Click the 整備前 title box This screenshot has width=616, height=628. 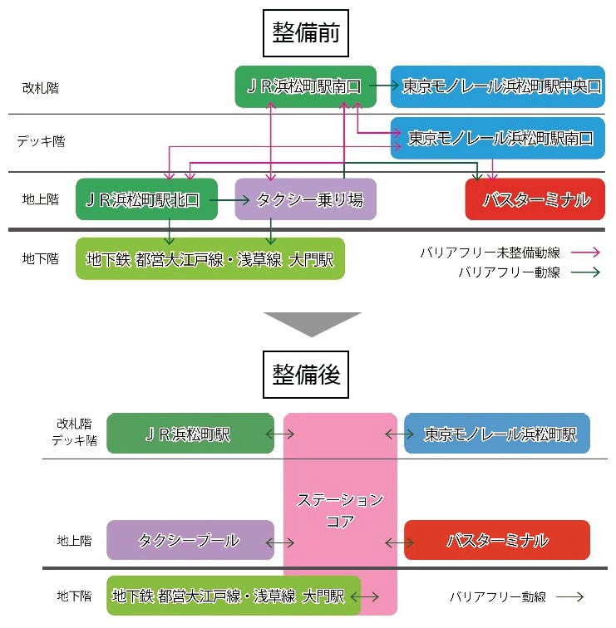coord(306,33)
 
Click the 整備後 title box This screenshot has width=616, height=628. coord(306,375)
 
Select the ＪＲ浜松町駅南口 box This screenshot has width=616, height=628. coord(305,86)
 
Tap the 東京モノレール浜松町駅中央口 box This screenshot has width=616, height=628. coord(498,86)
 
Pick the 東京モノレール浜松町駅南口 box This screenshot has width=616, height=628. coord(498,138)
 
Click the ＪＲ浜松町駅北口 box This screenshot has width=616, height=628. coord(146,199)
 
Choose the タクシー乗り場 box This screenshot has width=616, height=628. coord(305,199)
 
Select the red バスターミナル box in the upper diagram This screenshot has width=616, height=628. coord(535,199)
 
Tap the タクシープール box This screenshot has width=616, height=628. coord(190,540)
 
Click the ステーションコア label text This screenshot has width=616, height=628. coord(340,510)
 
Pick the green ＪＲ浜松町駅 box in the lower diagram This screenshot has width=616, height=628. coord(190,434)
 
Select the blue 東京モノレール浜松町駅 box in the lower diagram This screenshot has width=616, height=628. coord(497,434)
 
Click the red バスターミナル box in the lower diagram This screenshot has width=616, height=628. coord(497,540)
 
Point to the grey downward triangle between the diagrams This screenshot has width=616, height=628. coord(313,322)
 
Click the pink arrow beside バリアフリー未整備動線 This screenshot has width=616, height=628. coord(585,253)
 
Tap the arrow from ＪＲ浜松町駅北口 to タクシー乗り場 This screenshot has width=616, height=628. coord(229,200)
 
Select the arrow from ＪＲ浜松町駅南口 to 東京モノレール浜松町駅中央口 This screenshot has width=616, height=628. coord(384,85)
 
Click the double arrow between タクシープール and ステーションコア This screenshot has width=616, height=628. coord(280,543)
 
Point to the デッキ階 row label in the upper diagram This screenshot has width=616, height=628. coord(41,141)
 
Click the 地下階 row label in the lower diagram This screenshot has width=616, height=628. coord(75,596)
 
